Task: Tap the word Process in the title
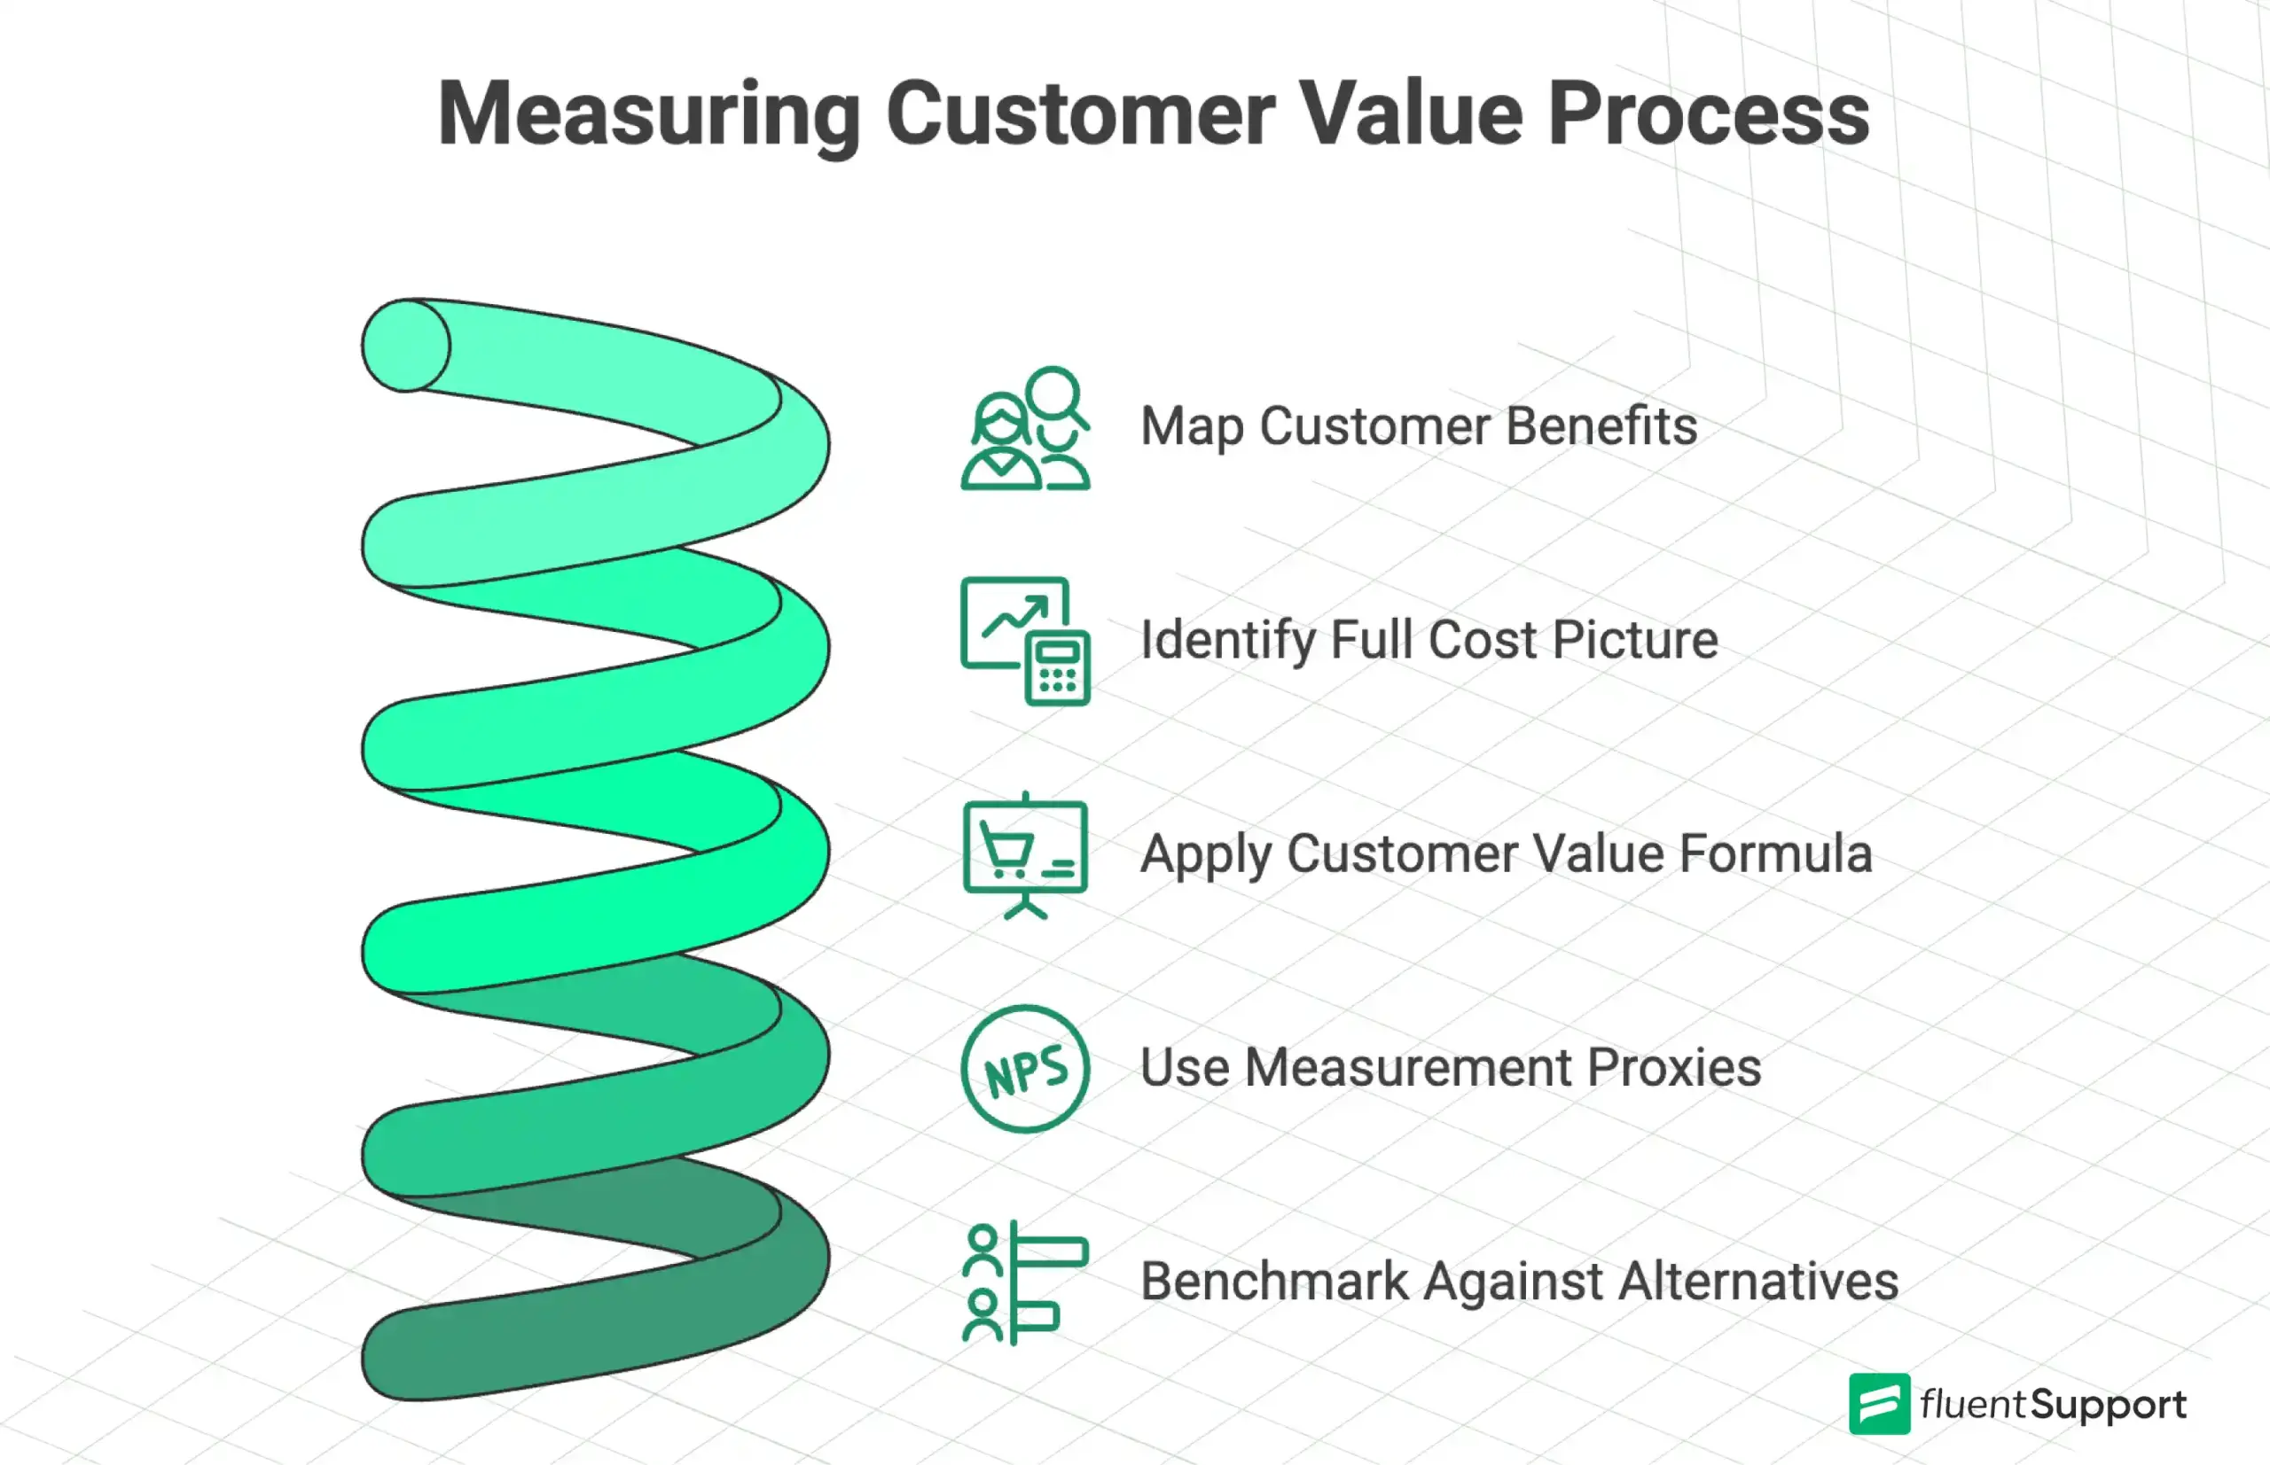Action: pos(1709,114)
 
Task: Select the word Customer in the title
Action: pos(1080,114)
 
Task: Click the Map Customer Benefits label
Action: pos(1418,426)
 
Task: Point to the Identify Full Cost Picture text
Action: pos(1429,639)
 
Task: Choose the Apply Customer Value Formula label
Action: pos(1506,853)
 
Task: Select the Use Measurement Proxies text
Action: pos(1451,1067)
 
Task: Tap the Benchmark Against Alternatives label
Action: pos(1519,1281)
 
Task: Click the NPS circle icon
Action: pos(1025,1068)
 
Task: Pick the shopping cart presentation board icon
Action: pos(1025,854)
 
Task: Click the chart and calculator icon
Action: pos(1025,640)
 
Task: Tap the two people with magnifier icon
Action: pos(1025,428)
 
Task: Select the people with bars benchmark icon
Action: pos(1025,1282)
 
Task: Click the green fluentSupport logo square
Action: pos(1879,1403)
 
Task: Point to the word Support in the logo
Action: pos(2109,1405)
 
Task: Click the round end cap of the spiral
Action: pos(406,346)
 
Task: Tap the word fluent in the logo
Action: pos(1972,1404)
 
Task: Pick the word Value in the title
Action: pos(1411,114)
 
